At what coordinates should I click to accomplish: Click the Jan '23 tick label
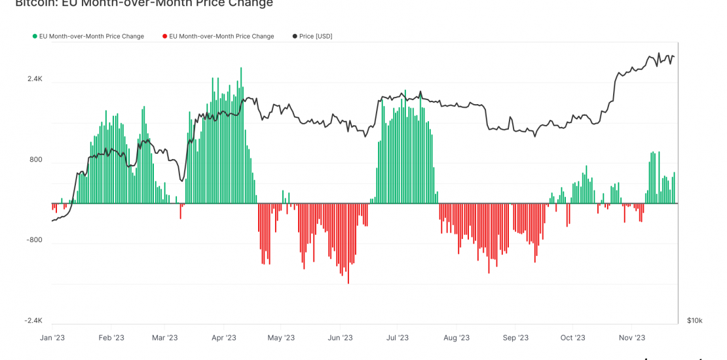click(x=52, y=338)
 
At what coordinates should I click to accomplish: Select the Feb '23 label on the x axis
click(x=111, y=338)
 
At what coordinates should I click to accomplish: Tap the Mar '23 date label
click(x=165, y=338)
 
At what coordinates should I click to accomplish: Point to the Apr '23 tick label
click(x=224, y=338)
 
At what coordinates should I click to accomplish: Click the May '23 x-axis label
click(x=281, y=338)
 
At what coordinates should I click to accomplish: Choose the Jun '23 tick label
click(x=340, y=338)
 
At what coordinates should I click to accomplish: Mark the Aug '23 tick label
click(x=457, y=338)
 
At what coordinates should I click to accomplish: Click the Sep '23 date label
click(x=515, y=338)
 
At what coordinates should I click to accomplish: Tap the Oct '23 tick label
click(x=572, y=338)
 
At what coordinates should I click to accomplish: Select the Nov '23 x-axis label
click(x=632, y=338)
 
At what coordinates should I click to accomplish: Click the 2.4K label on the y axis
click(x=35, y=79)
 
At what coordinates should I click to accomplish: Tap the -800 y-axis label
click(x=34, y=240)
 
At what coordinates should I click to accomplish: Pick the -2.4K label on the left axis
click(x=34, y=321)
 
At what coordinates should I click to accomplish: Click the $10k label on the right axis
click(x=694, y=321)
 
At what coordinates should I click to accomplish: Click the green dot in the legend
click(x=35, y=37)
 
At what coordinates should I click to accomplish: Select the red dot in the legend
click(x=165, y=37)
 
